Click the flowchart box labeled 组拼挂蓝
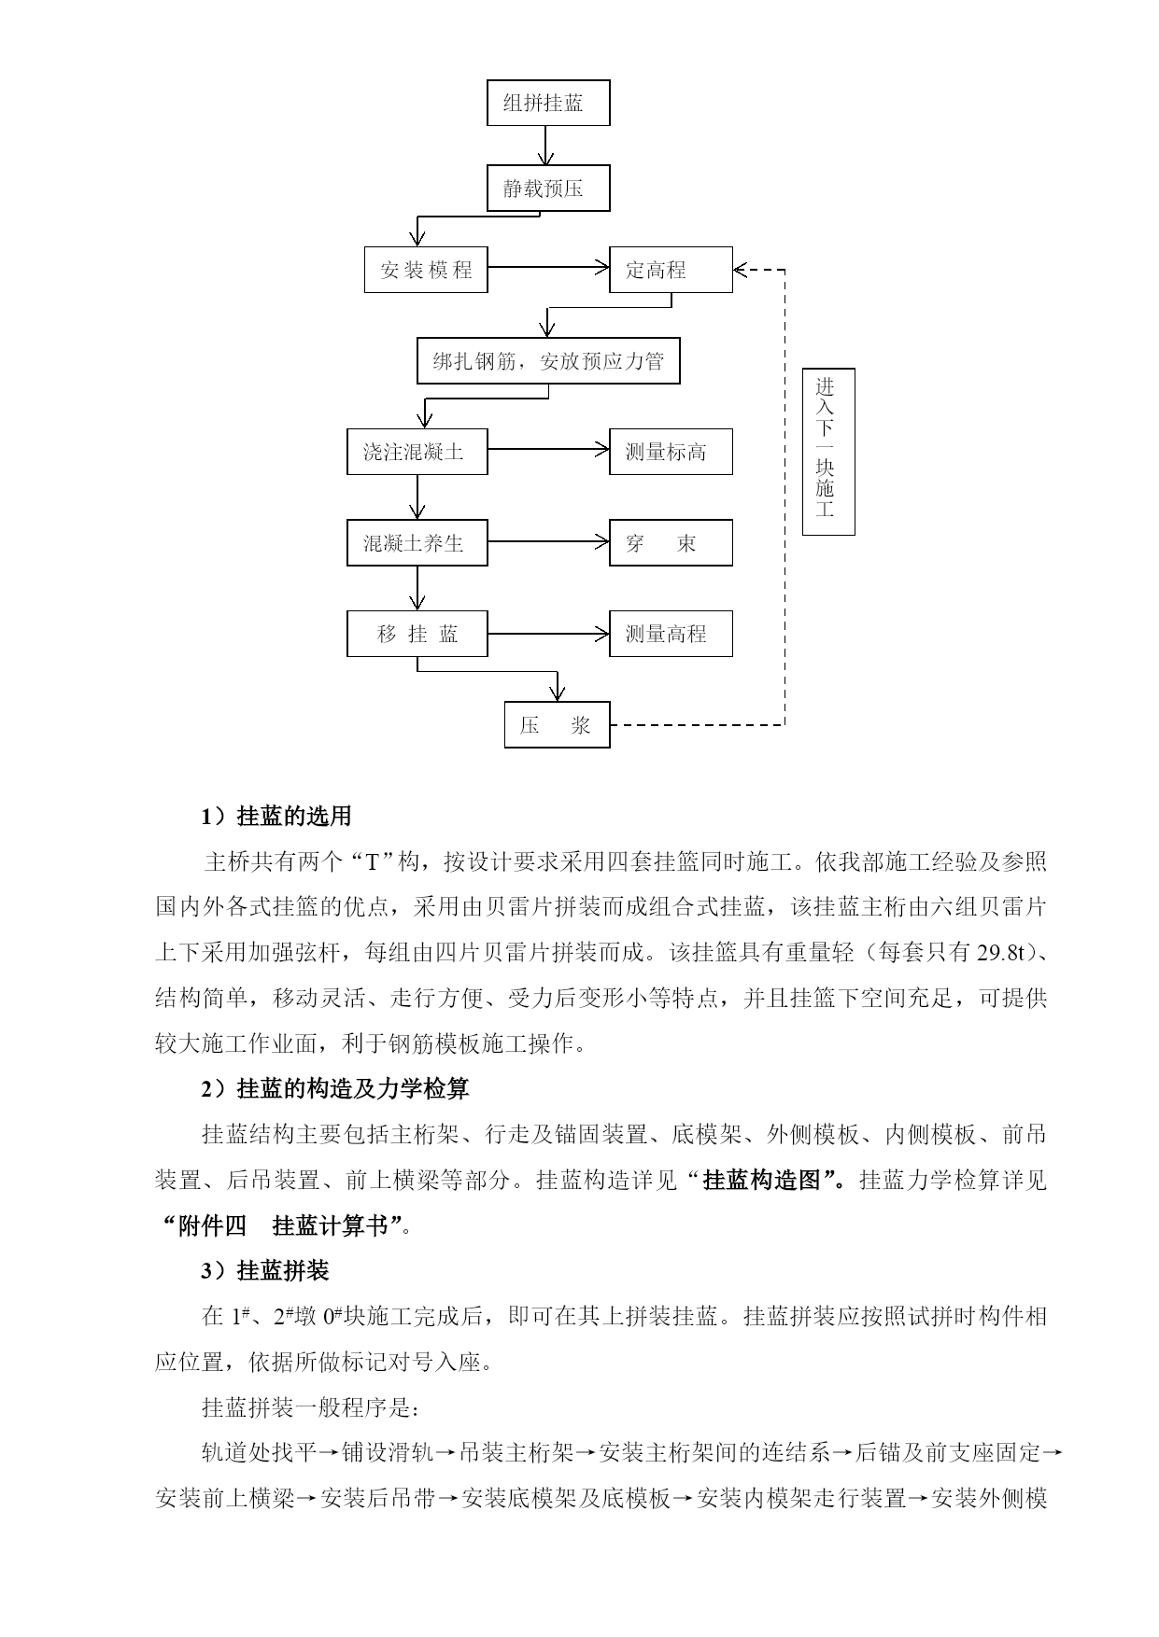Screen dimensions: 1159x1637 tap(548, 103)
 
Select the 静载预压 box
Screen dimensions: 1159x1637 tap(548, 189)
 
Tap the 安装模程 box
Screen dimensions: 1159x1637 tap(426, 270)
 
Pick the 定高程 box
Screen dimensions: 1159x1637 tap(671, 270)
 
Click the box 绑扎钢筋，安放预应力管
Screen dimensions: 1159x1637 tap(548, 361)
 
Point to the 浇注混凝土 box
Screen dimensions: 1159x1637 tap(417, 452)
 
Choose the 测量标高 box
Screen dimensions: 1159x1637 tap(671, 452)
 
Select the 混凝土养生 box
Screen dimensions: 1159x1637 tap(417, 543)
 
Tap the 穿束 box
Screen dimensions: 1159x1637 tap(671, 543)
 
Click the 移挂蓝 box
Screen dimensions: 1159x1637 tap(417, 634)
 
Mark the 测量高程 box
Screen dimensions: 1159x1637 tap(671, 634)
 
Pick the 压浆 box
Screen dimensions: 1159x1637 tap(558, 725)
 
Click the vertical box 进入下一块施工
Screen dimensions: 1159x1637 tap(828, 452)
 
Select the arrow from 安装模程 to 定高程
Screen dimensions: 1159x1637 tap(548, 268)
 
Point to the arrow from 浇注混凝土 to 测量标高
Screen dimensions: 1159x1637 tap(548, 450)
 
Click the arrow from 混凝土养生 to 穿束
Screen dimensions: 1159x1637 tap(548, 541)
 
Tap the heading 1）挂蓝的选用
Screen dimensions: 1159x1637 tap(276, 817)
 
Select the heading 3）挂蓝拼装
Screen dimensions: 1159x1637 tap(265, 1271)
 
